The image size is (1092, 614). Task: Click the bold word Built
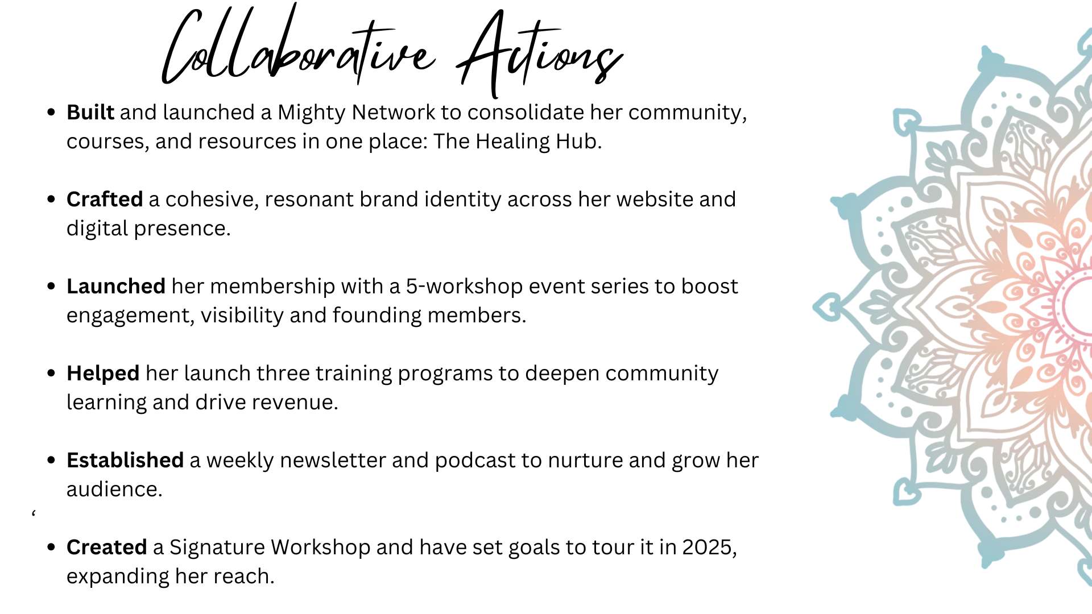[x=90, y=113]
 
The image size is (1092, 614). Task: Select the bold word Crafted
[x=105, y=200]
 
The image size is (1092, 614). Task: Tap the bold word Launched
[x=116, y=287]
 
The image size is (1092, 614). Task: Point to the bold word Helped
[x=103, y=374]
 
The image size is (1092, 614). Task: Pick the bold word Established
[x=125, y=460]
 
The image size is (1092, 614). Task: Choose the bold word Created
[x=107, y=547]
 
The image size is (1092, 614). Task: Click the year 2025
[x=709, y=547]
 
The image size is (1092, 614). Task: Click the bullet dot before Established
[x=52, y=460]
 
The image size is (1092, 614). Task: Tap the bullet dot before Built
[x=52, y=112]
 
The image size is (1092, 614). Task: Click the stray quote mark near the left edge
[x=34, y=514]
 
